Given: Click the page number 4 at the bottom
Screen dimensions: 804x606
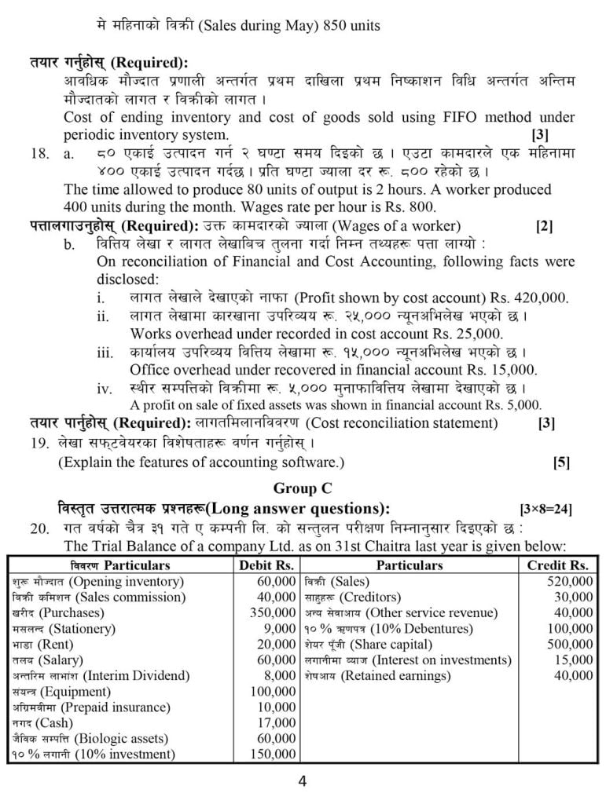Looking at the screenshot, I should tap(303, 780).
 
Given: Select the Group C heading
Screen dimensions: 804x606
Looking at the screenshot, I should tap(303, 488).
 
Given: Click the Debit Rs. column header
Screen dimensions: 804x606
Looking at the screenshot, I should tap(266, 565).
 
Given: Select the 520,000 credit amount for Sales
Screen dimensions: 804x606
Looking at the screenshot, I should tap(570, 582).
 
